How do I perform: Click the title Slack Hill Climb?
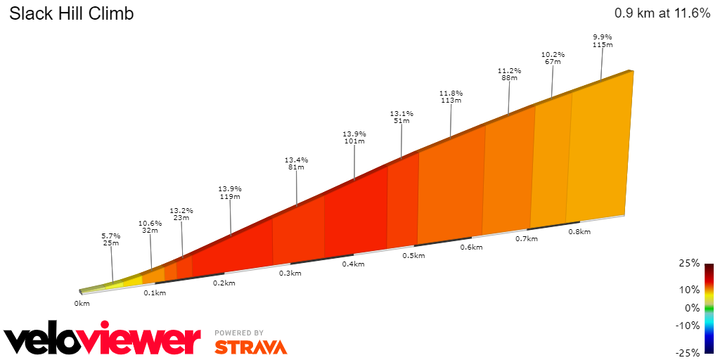click(71, 13)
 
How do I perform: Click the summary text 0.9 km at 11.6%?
click(662, 13)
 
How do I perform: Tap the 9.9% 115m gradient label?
click(603, 41)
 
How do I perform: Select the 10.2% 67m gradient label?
click(553, 58)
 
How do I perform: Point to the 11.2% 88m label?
click(509, 75)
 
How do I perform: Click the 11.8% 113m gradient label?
click(451, 96)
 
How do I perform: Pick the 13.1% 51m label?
click(401, 117)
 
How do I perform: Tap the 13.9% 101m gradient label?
click(354, 137)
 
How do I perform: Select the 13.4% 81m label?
click(296, 163)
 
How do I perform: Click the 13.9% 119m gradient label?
click(230, 193)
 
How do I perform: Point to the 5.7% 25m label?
click(111, 239)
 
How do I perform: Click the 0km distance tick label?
click(82, 304)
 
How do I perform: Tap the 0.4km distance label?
click(353, 264)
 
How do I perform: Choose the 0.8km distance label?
click(579, 231)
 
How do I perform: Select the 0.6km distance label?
click(471, 247)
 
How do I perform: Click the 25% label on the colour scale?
click(690, 264)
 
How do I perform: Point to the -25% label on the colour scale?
click(688, 352)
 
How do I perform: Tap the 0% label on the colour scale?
click(692, 308)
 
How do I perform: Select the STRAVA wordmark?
click(250, 347)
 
